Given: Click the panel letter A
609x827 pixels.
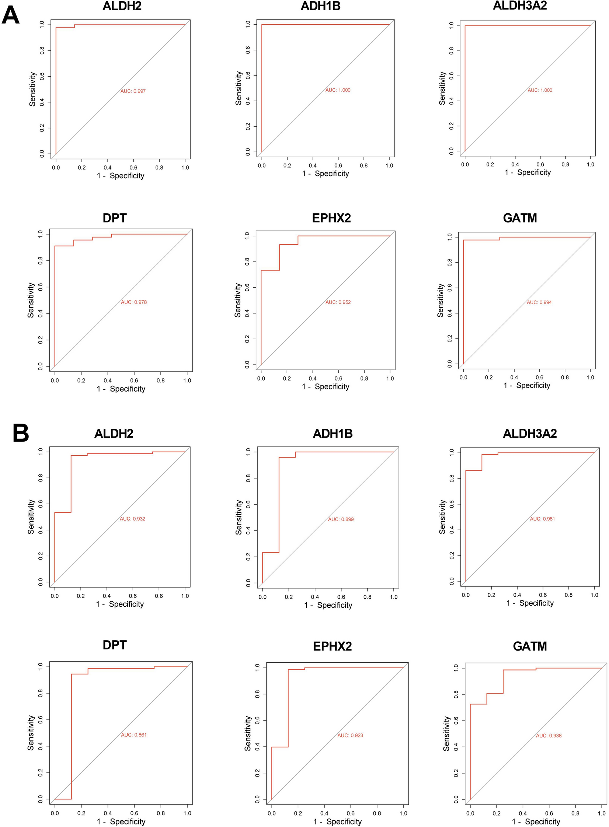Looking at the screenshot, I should pyautogui.click(x=10, y=15).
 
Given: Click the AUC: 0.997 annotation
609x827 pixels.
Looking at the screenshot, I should pyautogui.click(x=133, y=91).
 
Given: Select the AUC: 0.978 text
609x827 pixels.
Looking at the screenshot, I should pyautogui.click(x=133, y=302).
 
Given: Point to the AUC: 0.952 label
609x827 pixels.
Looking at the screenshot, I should pyautogui.click(x=338, y=302).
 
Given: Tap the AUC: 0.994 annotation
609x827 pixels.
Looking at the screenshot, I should pyautogui.click(x=539, y=302).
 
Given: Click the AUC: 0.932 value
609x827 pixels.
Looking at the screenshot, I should pyautogui.click(x=132, y=519).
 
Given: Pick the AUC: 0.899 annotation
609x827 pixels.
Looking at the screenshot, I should pyautogui.click(x=341, y=519).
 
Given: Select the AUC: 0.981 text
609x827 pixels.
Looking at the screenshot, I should pyautogui.click(x=542, y=519).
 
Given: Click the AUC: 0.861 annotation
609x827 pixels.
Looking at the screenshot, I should pyautogui.click(x=133, y=735).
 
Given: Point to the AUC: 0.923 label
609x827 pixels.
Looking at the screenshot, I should pyautogui.click(x=350, y=736).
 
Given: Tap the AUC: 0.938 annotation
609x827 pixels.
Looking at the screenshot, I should pyautogui.click(x=549, y=736).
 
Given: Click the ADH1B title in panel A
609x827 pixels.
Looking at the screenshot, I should pyautogui.click(x=320, y=6).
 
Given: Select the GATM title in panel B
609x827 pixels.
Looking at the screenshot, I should pyautogui.click(x=530, y=646).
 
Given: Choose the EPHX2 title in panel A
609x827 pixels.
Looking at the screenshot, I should pyautogui.click(x=331, y=218).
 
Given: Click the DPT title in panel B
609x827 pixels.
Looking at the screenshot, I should pyautogui.click(x=115, y=645).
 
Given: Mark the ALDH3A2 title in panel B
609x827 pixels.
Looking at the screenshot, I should pyautogui.click(x=530, y=434).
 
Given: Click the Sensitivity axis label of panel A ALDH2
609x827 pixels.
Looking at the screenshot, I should pyautogui.click(x=33, y=89).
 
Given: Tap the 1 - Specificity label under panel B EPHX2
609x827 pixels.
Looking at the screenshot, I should pyautogui.click(x=337, y=821).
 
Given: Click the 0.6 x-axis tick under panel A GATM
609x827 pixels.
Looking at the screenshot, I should pyautogui.click(x=539, y=378).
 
